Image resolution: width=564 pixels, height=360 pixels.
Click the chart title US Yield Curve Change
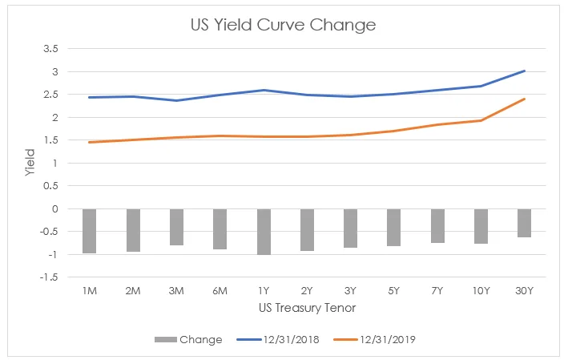[x=283, y=25]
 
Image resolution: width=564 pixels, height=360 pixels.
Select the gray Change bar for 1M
[x=89, y=231]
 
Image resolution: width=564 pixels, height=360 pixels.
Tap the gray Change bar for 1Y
[x=264, y=232]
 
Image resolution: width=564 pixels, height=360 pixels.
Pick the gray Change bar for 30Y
[x=525, y=223]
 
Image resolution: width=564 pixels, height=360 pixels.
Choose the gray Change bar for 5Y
[x=394, y=228]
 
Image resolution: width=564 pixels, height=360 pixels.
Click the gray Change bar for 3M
[x=176, y=227]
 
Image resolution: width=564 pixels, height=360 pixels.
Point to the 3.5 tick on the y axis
[x=50, y=49]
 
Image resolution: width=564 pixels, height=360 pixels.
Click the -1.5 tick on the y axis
[x=49, y=277]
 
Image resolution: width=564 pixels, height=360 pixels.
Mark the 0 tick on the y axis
[x=55, y=208]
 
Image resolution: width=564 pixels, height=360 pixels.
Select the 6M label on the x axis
[x=220, y=290]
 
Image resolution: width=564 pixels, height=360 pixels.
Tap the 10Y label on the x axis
[x=481, y=290]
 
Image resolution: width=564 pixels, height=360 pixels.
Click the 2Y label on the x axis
[x=307, y=290]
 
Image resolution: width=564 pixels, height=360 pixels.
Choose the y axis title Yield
[x=30, y=162]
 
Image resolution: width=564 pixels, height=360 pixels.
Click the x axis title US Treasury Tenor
[x=307, y=308]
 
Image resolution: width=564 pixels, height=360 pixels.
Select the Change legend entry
[x=188, y=339]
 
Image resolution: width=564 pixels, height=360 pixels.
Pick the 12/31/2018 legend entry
[x=278, y=339]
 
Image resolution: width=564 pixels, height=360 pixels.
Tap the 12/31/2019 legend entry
[x=374, y=339]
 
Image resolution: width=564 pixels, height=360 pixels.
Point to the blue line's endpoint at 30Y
[x=525, y=71]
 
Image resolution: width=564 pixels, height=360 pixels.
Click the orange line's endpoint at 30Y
[x=525, y=99]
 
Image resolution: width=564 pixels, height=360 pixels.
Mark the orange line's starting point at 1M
[x=89, y=142]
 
